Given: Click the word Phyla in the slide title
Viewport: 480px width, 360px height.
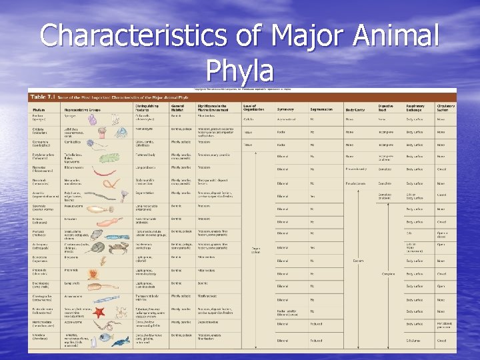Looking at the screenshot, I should pos(240,69).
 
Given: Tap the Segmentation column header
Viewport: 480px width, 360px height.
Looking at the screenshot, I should pos(321,109).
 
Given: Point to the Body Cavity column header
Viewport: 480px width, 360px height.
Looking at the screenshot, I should pos(355,109).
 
